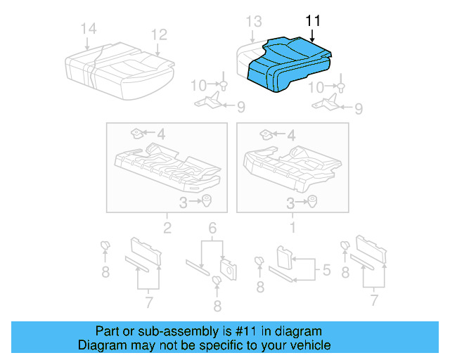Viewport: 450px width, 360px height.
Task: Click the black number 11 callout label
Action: [x=313, y=21]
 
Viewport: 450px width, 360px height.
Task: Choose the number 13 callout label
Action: [x=253, y=21]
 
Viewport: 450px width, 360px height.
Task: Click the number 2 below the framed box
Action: [x=167, y=227]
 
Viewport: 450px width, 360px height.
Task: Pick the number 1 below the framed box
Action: [x=292, y=227]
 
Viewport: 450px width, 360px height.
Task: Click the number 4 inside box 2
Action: [x=160, y=134]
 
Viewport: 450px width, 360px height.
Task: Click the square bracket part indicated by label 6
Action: [x=228, y=266]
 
